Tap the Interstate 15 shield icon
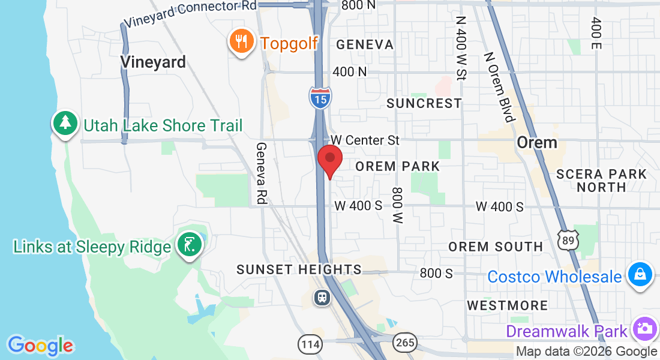[x=321, y=98]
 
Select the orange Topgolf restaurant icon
[x=241, y=42]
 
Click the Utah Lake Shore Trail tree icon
[x=65, y=124]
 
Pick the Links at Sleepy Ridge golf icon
[x=190, y=245]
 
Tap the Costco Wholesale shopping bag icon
[x=640, y=275]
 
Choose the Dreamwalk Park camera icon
[x=644, y=329]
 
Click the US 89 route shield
[x=566, y=239]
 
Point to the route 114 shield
[x=310, y=344]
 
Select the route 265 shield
[x=405, y=342]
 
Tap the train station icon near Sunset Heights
[x=322, y=297]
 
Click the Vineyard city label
[x=153, y=62]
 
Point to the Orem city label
[x=537, y=143]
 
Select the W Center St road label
[x=365, y=140]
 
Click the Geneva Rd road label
[x=261, y=173]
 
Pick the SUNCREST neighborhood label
[x=424, y=103]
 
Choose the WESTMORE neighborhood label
[x=508, y=305]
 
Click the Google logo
[x=40, y=346]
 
